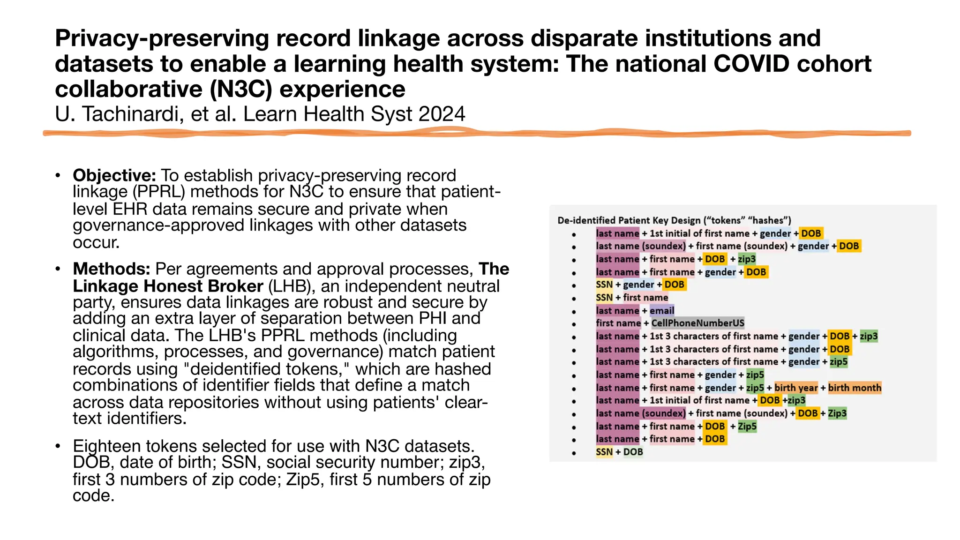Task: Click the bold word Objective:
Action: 114,175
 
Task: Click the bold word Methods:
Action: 112,269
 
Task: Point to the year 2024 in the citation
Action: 442,114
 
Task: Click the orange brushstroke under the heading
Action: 477,134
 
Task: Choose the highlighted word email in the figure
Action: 661,310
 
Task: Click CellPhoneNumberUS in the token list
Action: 697,323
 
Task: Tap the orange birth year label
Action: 795,388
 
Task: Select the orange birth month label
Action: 854,388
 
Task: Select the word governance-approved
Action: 158,225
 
